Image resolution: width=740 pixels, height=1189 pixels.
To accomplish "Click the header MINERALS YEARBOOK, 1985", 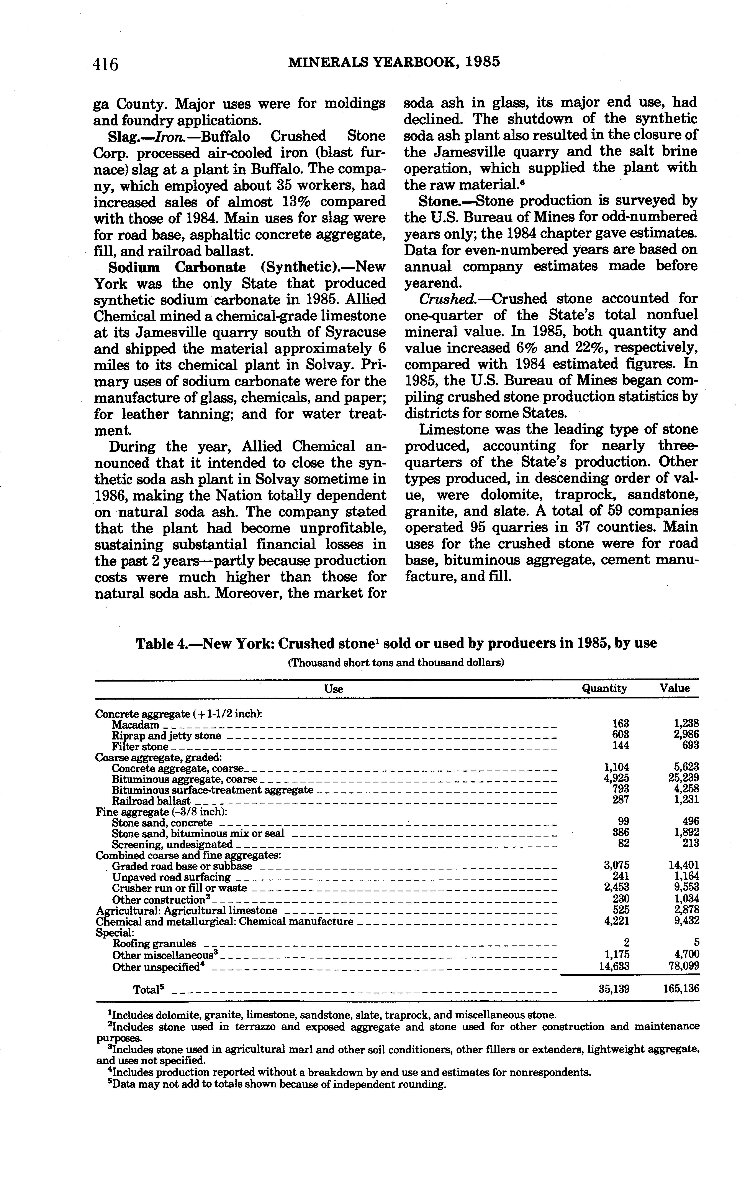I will [395, 62].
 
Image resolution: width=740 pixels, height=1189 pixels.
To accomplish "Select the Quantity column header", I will [604, 688].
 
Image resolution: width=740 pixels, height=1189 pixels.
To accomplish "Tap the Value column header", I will [675, 688].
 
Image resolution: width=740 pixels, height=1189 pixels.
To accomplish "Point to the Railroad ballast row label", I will [151, 801].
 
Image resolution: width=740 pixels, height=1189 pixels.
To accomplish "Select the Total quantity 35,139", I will [614, 989].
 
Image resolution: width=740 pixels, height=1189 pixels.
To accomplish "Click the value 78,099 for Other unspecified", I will [683, 966].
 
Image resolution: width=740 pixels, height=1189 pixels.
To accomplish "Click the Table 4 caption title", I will [396, 643].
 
